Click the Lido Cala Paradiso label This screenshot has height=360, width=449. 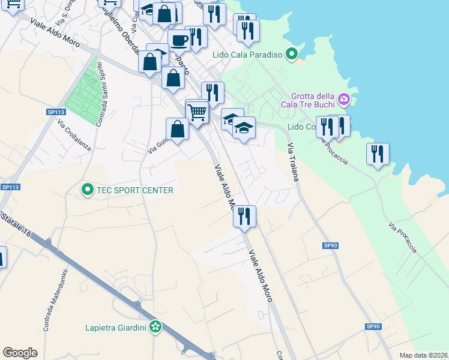[247, 55]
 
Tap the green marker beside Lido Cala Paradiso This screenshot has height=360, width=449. [292, 55]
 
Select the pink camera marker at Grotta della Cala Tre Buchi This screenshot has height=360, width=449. [343, 98]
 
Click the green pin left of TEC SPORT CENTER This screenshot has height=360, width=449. [87, 190]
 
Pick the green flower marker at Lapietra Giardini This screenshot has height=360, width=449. [155, 328]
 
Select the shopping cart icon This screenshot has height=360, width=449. [197, 112]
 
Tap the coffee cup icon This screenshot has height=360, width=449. [179, 41]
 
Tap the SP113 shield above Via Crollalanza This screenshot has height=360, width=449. [56, 112]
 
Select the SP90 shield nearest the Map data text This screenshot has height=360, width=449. [373, 326]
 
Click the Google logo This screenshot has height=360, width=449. [20, 353]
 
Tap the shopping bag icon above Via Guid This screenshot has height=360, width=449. [177, 129]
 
